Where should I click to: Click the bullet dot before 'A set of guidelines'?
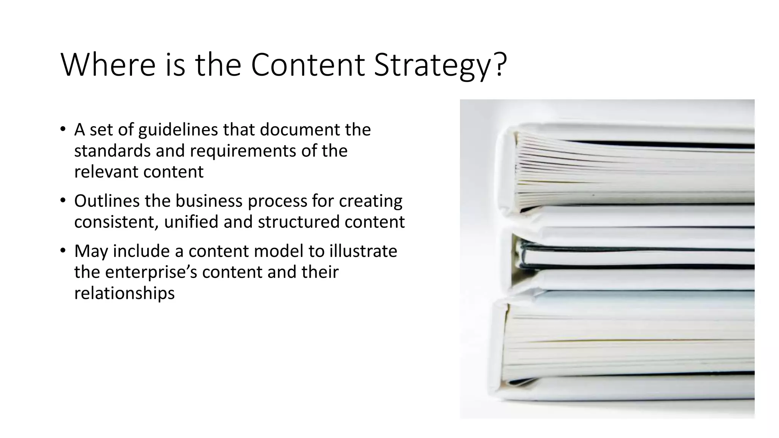click(63, 129)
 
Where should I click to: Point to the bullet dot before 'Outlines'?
click(63, 200)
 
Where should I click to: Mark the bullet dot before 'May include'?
click(63, 251)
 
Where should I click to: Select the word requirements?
click(243, 151)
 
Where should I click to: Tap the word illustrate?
click(363, 251)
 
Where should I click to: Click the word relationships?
click(124, 293)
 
